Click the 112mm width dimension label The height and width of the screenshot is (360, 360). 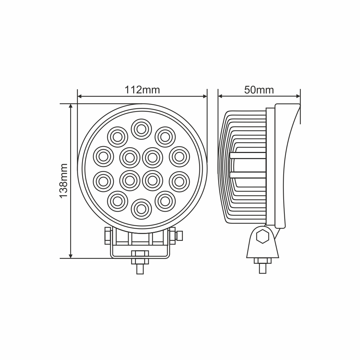coord(142,90)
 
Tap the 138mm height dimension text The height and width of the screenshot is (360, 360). coord(63,181)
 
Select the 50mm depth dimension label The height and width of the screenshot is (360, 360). coord(259,90)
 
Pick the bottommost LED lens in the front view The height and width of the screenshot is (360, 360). coord(141,208)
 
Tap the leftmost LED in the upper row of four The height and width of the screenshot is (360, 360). coord(103,156)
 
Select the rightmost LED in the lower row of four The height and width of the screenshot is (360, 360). coord(179,181)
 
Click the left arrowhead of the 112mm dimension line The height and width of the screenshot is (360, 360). coord(80,96)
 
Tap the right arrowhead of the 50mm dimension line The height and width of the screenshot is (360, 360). coord(298,96)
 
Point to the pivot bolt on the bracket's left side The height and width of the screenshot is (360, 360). coord(107,236)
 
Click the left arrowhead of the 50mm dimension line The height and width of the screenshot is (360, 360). coord(221,96)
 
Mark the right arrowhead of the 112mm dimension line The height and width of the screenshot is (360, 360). coord(205,96)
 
